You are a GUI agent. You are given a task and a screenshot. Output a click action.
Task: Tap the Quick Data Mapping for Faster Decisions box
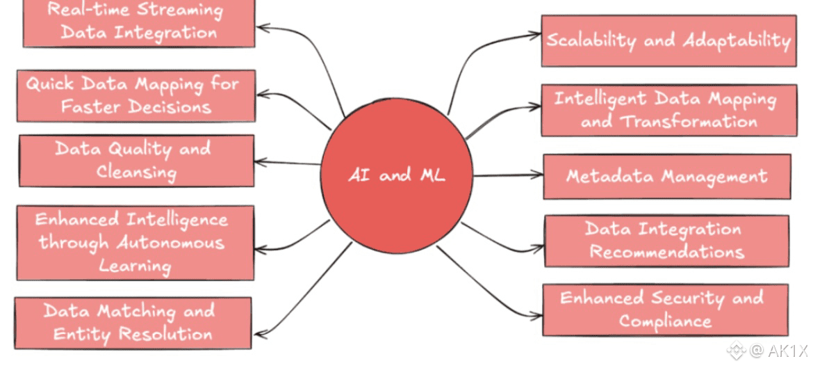[x=136, y=95]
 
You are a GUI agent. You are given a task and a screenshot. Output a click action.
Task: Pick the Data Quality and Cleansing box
[x=136, y=161]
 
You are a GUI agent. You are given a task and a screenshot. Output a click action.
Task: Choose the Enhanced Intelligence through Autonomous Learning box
[x=135, y=242]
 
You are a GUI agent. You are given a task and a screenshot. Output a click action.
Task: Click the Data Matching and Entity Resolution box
[x=133, y=322]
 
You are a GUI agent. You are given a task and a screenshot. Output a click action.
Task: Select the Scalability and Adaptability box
[x=668, y=41]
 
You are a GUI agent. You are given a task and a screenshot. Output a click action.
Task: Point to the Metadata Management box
[x=666, y=176]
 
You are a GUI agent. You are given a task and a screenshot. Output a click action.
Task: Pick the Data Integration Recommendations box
[x=666, y=240]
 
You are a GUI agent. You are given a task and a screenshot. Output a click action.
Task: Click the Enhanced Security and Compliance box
[x=665, y=310]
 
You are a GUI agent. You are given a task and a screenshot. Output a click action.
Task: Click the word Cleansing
[x=136, y=172]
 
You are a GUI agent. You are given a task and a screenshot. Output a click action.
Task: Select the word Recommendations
[x=666, y=251]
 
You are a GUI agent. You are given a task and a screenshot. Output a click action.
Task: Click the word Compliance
[x=665, y=321]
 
